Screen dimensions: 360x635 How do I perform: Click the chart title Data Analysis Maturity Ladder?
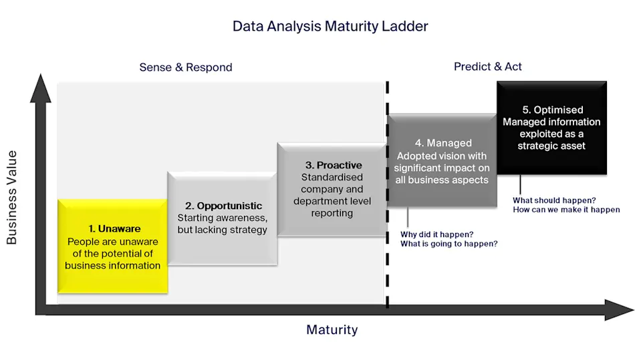point(330,27)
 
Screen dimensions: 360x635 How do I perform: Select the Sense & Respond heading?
point(186,67)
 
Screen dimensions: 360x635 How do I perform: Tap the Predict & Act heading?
point(488,67)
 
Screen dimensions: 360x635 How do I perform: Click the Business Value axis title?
point(12,197)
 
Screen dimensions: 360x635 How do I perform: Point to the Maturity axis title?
point(332,330)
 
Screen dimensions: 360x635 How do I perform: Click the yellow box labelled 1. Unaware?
point(112,246)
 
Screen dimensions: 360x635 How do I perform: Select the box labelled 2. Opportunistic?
point(222,218)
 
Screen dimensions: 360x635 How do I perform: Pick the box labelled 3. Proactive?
point(332,189)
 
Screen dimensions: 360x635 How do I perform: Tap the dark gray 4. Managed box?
point(442,160)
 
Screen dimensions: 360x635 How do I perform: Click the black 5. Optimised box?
point(551,127)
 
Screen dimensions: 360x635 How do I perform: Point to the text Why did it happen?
point(437,234)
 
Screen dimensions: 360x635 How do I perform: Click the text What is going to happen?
point(449,244)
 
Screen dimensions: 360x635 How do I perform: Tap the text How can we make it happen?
point(566,210)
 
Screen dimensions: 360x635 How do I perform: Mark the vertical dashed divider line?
point(387,200)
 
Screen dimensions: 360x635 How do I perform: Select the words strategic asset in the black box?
point(551,146)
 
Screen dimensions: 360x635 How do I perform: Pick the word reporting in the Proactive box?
point(332,213)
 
